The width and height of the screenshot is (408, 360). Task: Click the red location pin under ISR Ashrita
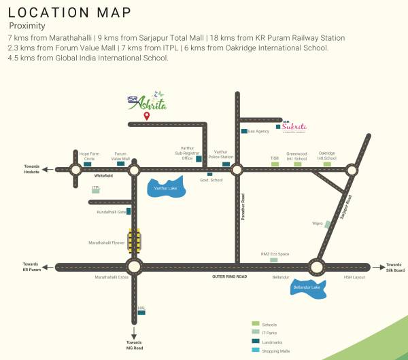pyautogui.click(x=146, y=116)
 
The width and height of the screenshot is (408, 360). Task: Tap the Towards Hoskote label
pyautogui.click(x=32, y=169)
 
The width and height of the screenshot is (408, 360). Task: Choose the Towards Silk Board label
pyautogui.click(x=395, y=267)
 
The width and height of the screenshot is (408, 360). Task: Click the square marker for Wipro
pyautogui.click(x=328, y=223)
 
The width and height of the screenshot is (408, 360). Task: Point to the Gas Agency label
pyautogui.click(x=258, y=131)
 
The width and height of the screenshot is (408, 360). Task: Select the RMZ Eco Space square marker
pyautogui.click(x=274, y=259)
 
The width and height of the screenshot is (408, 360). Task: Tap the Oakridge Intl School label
pyautogui.click(x=327, y=156)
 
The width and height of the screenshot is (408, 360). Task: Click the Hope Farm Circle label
pyautogui.click(x=88, y=156)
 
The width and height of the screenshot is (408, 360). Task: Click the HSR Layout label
pyautogui.click(x=354, y=277)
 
